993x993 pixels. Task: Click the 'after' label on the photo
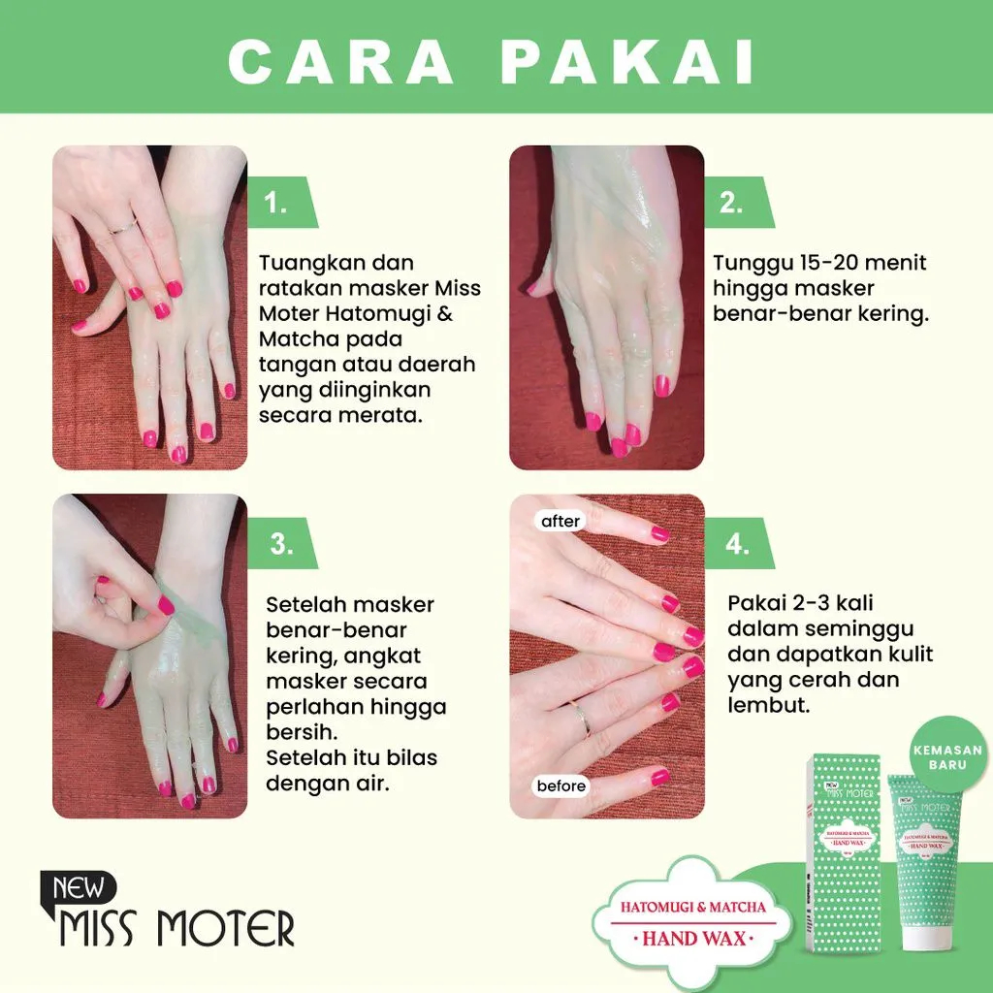tap(561, 522)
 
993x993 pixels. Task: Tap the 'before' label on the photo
tap(561, 785)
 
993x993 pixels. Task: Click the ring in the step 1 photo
tap(121, 228)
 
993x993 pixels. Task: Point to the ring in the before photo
tap(581, 718)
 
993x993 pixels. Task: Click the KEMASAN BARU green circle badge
tap(945, 756)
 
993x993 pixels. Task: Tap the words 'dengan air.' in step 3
tap(328, 782)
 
